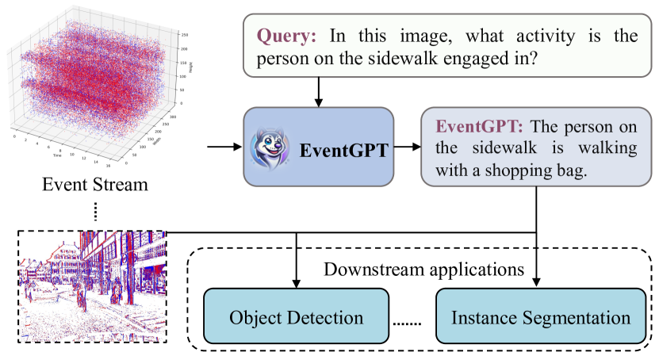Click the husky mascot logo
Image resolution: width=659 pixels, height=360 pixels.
pos(272,147)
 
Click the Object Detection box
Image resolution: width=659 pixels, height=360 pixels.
pos(297,318)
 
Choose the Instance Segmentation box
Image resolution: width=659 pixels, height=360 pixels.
pos(541,318)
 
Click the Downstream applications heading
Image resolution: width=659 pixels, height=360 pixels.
pos(423,268)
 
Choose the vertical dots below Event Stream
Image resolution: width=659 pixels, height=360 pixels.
pos(96,212)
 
